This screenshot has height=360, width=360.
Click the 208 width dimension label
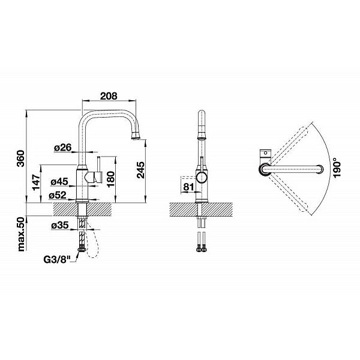(109, 96)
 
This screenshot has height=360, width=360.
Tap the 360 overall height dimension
(21, 158)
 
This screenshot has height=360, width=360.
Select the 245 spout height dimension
(140, 170)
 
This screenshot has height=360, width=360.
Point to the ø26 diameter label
(63, 148)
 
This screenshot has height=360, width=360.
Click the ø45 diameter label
(59, 182)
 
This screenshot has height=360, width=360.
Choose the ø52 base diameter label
(58, 196)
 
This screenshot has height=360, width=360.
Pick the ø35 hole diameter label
(60, 225)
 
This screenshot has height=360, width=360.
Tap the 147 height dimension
(36, 182)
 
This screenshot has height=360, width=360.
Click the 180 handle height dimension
(110, 179)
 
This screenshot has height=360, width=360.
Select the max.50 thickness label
(21, 234)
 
